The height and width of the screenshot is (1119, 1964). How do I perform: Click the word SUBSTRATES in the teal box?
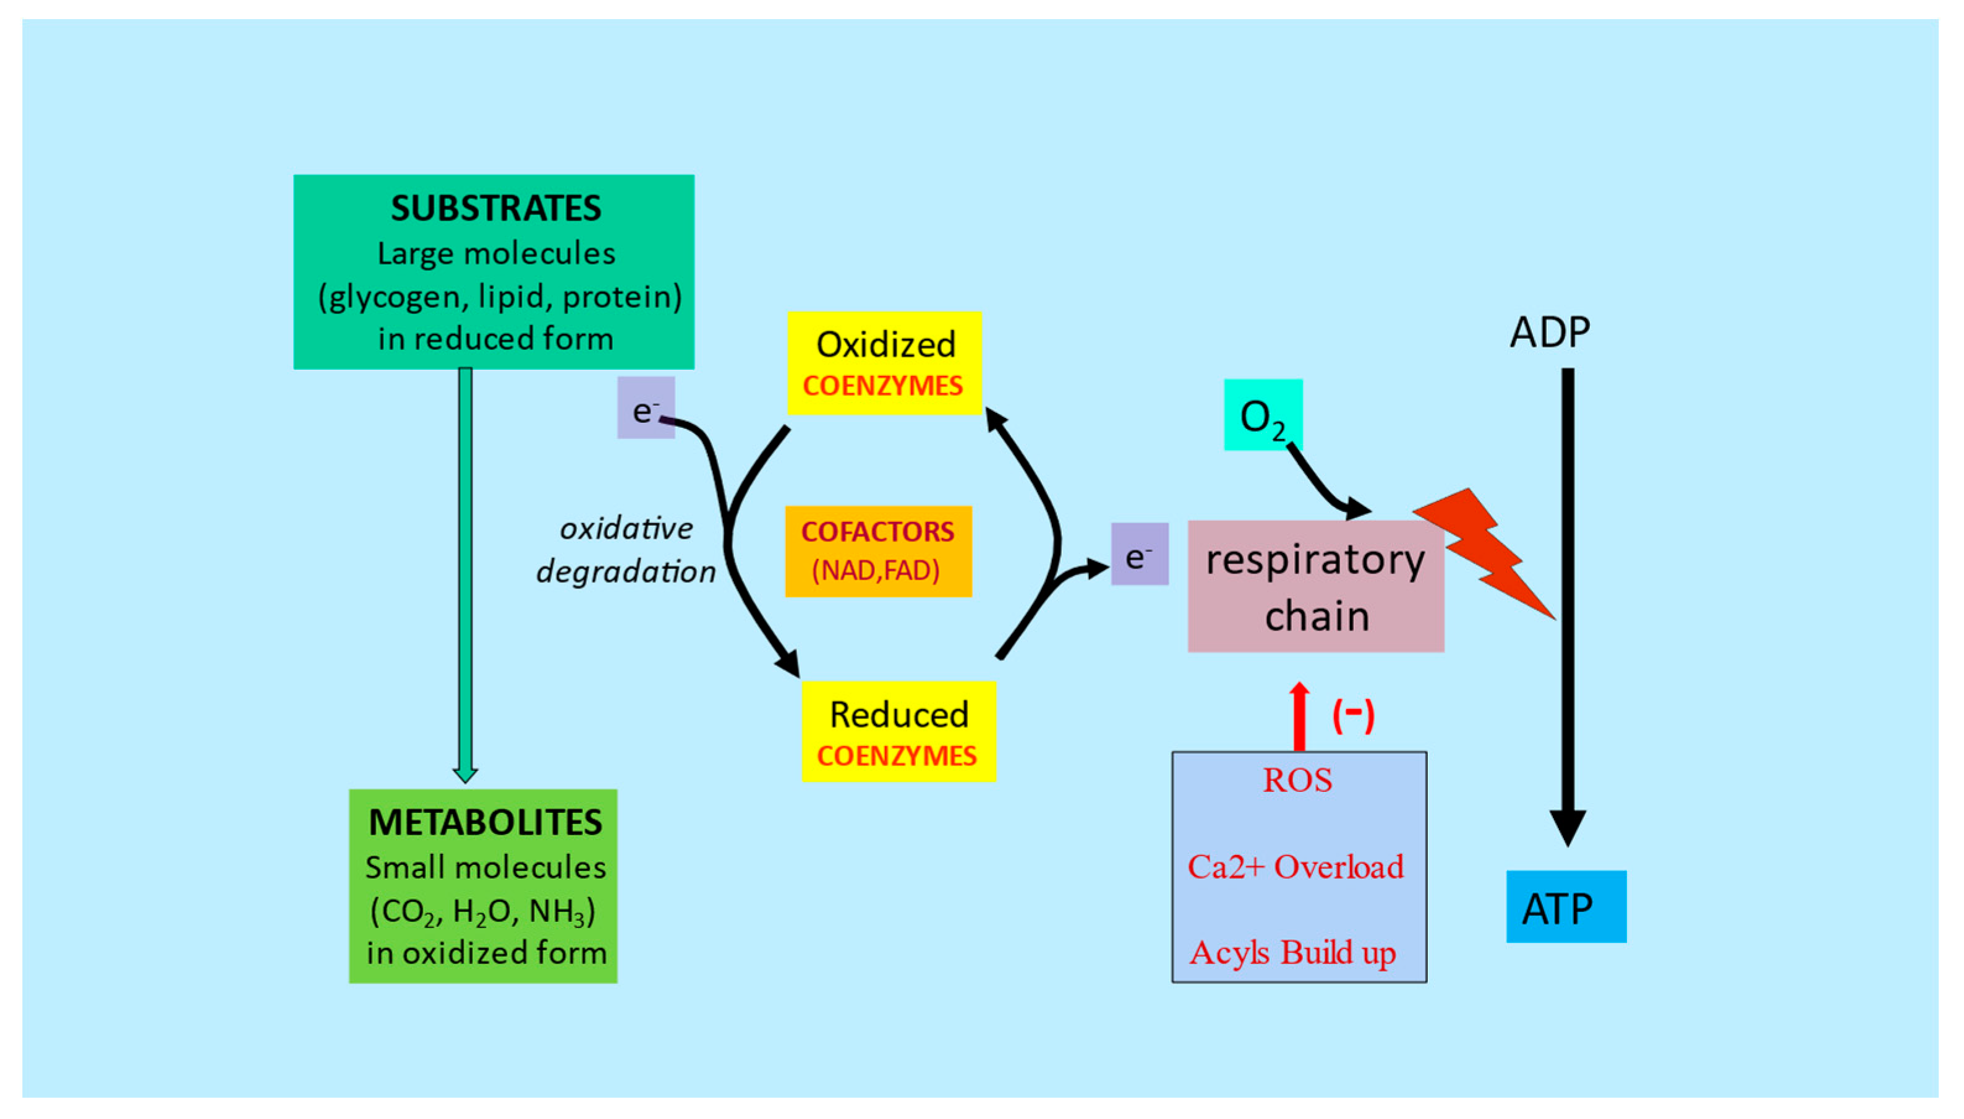coord(496,208)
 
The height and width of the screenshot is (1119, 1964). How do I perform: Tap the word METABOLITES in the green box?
coord(485,822)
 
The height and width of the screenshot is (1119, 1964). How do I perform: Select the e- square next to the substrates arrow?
coord(646,408)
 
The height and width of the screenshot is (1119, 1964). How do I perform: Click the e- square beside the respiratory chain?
coord(1139,554)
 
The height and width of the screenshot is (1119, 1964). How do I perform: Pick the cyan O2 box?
coord(1262,415)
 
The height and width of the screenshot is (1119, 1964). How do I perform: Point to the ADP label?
coord(1549,332)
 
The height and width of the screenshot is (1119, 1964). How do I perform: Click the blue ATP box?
coord(1565,906)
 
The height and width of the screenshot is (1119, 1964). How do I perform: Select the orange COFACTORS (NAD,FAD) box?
coord(878,551)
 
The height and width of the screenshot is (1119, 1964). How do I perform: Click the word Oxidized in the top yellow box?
coord(886,344)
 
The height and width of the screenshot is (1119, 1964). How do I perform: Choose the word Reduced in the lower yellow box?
coord(899,715)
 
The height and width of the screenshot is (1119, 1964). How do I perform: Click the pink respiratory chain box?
coord(1315,587)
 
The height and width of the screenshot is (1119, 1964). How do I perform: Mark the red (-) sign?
coord(1353,715)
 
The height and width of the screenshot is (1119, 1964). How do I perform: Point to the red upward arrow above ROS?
coord(1299,715)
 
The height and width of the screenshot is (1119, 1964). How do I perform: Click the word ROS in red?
coord(1297,781)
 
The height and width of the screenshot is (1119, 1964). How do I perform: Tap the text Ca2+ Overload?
coord(1296,867)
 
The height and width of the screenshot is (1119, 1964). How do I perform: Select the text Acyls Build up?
coord(1293,953)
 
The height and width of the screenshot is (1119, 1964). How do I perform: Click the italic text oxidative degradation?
coord(626,550)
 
